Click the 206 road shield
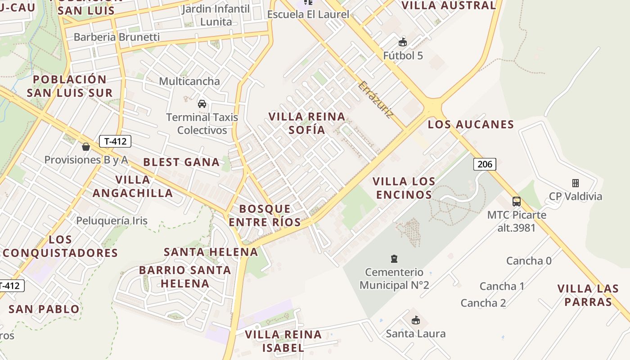point(485,164)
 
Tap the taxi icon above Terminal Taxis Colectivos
point(202,104)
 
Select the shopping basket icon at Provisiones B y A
point(86,147)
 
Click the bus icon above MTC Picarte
point(517,201)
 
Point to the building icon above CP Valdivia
point(575,183)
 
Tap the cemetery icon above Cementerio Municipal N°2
point(394,259)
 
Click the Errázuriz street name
point(376,100)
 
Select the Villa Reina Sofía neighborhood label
point(307,123)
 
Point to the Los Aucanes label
point(471,125)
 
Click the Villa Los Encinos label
point(404,188)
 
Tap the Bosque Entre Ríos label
point(265,215)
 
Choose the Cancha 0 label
point(529,261)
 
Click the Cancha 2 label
point(483,303)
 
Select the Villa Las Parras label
point(588,295)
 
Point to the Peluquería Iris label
point(112,220)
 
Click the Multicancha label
point(189,81)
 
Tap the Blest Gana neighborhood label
point(181,162)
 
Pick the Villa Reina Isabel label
point(283,341)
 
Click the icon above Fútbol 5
point(403,43)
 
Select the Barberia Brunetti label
point(117,37)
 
